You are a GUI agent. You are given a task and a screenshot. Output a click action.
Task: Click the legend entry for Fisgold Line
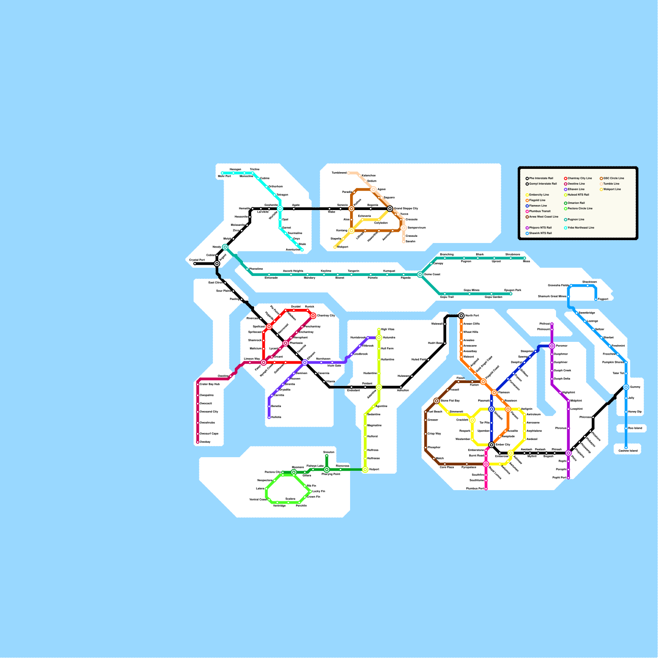coord(537,200)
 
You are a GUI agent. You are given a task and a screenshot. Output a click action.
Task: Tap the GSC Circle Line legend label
coord(613,178)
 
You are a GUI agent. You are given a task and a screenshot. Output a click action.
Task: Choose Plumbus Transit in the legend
coord(540,211)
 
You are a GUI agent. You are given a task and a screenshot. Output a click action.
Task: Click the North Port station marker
coord(461,316)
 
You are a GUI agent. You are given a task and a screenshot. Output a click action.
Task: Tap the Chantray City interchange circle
coord(313,316)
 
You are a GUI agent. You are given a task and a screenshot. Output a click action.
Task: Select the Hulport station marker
coord(365,470)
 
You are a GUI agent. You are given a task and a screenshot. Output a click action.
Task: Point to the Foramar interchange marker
coord(552,346)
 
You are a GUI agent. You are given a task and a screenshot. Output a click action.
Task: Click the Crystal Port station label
coord(197,260)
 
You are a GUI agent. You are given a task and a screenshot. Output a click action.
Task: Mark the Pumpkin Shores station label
coord(613,362)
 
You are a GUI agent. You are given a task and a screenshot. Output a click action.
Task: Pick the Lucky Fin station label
coord(319,491)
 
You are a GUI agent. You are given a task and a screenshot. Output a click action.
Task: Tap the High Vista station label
coord(388,329)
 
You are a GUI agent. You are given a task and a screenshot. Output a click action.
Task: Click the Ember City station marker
coord(491,445)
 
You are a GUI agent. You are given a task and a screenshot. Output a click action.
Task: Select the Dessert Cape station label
coord(209,434)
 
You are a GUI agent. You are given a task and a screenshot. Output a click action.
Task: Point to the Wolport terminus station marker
coord(335,247)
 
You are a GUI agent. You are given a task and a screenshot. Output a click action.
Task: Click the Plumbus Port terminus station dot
coord(486,489)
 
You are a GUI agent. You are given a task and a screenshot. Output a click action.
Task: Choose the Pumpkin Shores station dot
coord(626,362)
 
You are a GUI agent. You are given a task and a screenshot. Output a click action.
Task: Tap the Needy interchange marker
coord(225,247)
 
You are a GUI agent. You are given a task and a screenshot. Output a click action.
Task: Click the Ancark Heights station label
coord(293,271)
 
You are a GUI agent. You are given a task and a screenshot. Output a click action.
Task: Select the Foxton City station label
coord(273,472)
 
